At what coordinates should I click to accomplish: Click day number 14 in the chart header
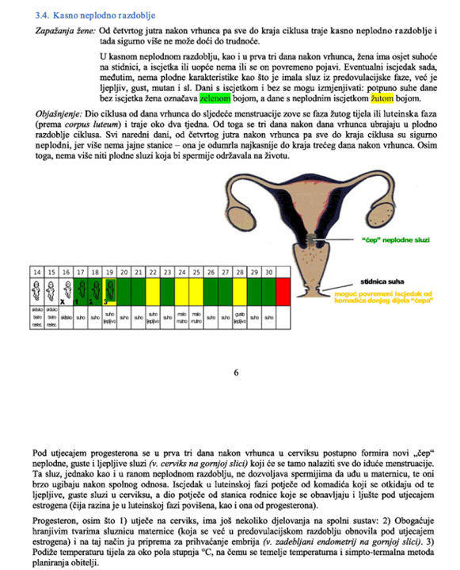(x=36, y=271)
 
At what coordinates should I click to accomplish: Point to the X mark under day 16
(x=63, y=301)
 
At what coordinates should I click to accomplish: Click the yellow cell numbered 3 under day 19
(x=108, y=290)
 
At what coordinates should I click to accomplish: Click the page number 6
(x=235, y=372)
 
